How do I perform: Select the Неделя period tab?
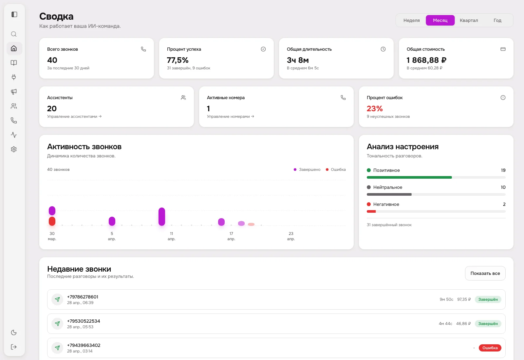tap(411, 20)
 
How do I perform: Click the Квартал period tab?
tap(469, 20)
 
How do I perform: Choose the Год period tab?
tap(497, 20)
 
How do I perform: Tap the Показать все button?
tap(485, 273)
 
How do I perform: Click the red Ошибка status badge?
tap(490, 348)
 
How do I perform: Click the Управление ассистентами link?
tap(74, 117)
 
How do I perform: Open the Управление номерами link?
tap(230, 117)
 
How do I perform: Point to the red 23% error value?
tap(375, 109)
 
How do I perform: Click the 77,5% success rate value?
tap(178, 60)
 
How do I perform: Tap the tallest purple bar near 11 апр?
tap(161, 216)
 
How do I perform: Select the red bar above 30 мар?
tap(52, 221)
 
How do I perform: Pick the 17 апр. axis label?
tap(231, 236)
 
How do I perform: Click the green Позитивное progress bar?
tap(409, 177)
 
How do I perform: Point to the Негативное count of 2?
tap(504, 204)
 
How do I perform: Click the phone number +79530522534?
tap(84, 321)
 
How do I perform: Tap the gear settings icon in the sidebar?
tap(14, 149)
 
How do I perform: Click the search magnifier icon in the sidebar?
tap(14, 34)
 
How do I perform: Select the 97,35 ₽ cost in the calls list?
tap(464, 299)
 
